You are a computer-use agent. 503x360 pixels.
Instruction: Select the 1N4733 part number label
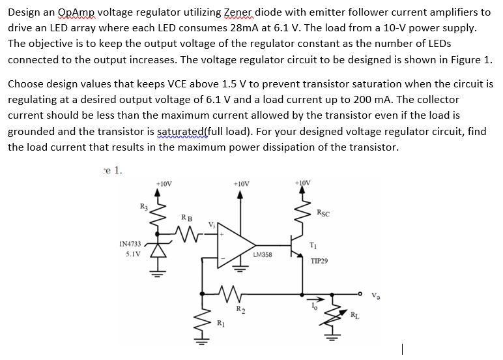point(131,243)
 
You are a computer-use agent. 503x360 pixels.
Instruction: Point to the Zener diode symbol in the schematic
point(157,251)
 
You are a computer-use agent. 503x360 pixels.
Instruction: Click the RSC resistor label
point(323,212)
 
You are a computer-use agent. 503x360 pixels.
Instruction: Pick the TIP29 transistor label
point(319,260)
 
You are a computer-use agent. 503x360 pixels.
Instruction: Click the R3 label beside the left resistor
point(144,207)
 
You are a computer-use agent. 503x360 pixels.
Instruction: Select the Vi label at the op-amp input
point(211,224)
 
